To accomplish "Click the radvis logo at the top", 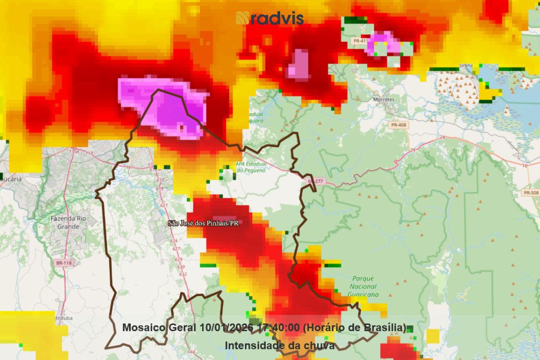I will pos(270,18).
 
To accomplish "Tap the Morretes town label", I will pos(384,100).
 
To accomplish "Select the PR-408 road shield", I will pos(398,125).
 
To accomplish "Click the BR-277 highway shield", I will pos(315,181).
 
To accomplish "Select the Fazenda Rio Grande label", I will pos(68,222).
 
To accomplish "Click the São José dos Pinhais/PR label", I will pos(203,223).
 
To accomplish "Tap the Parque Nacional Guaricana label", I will pos(362,286).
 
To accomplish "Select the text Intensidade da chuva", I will pos(279,345).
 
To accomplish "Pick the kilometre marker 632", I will pos(183,274).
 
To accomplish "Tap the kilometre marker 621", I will pos(165,206).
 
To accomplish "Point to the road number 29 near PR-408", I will pos(412,151).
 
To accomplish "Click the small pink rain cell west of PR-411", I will pos(298,64).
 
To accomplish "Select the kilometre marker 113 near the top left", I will pos(90,153).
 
